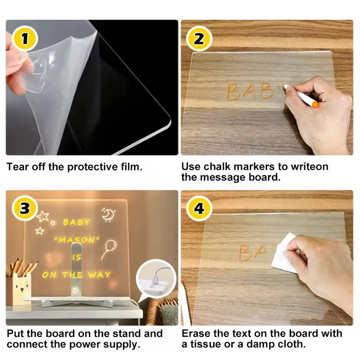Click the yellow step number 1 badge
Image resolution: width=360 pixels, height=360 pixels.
tap(25, 39)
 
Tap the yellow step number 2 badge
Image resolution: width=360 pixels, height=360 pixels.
tap(199, 39)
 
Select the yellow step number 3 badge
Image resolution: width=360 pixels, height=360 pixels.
tap(25, 208)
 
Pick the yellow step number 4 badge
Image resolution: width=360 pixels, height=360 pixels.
tap(199, 208)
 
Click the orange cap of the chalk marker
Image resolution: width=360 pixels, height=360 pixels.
tap(316, 105)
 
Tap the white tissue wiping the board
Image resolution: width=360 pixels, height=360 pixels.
tap(283, 253)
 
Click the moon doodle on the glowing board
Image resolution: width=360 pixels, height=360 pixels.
tap(108, 215)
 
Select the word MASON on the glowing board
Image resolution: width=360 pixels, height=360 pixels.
tap(76, 240)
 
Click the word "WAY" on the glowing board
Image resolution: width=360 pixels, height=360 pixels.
tap(99, 275)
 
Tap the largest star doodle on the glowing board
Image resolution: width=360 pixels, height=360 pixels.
tap(43, 216)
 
